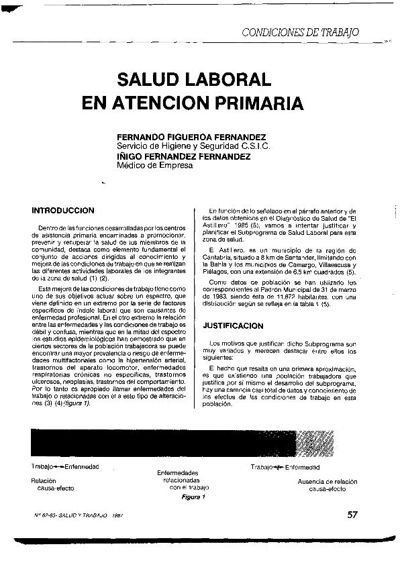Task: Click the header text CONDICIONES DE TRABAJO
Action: [x=300, y=32]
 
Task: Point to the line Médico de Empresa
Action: [x=155, y=166]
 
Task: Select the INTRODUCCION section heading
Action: [x=63, y=210]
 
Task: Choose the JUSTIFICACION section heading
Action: [x=233, y=325]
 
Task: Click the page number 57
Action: [x=354, y=515]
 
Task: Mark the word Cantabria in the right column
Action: [x=219, y=258]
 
